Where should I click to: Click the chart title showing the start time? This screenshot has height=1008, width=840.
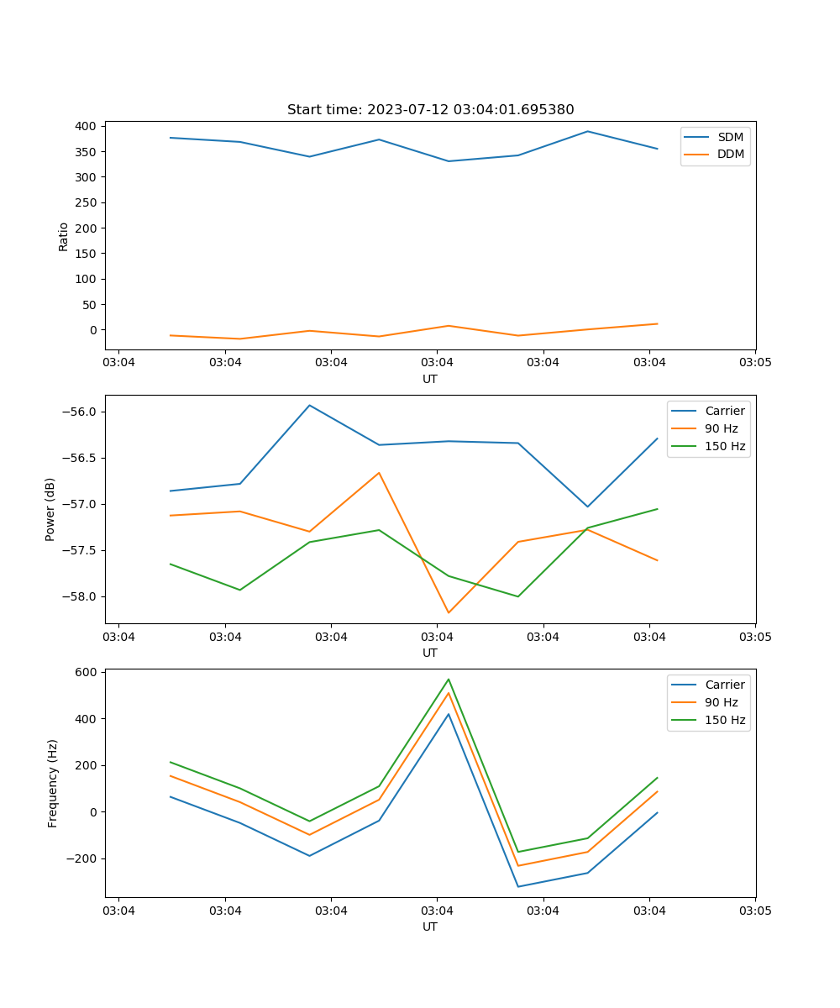pos(430,110)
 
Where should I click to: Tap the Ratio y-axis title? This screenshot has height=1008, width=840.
pos(64,237)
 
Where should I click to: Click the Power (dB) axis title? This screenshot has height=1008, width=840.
pos(50,509)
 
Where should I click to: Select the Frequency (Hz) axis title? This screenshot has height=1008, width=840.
pos(53,783)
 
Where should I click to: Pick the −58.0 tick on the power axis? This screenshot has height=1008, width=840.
pos(79,596)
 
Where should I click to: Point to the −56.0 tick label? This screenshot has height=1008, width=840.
pos(79,412)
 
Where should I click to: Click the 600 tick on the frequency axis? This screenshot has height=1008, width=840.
pos(88,672)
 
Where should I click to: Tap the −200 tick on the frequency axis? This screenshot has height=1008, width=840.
pos(82,858)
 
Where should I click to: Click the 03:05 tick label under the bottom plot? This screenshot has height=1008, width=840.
pos(754,910)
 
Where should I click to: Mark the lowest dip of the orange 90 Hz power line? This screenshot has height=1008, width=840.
pos(449,612)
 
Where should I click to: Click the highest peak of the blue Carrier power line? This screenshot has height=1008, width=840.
pos(309,405)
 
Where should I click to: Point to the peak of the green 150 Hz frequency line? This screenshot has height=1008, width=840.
pos(449,679)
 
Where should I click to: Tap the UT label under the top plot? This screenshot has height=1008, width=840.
pos(430,379)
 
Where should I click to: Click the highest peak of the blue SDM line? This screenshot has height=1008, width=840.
pos(587,131)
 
